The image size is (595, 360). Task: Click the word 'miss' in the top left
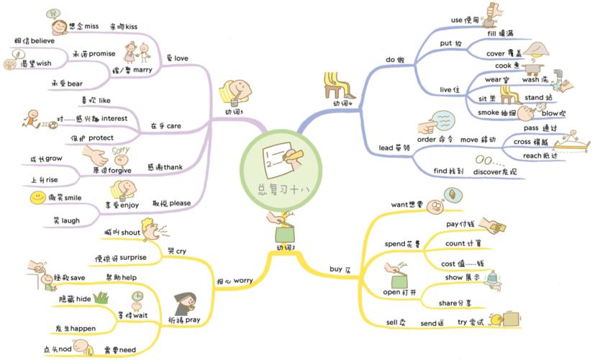click(91, 26)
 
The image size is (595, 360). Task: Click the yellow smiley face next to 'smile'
click(37, 197)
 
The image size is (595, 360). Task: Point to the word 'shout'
click(130, 232)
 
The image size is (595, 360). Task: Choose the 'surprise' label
click(134, 257)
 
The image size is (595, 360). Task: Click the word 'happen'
click(83, 328)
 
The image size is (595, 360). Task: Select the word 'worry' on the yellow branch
click(243, 280)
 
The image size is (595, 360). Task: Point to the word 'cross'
click(522, 142)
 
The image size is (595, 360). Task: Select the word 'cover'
click(496, 53)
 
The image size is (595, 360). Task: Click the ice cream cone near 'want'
click(452, 194)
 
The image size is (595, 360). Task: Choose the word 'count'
click(456, 243)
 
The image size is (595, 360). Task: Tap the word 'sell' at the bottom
click(394, 323)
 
